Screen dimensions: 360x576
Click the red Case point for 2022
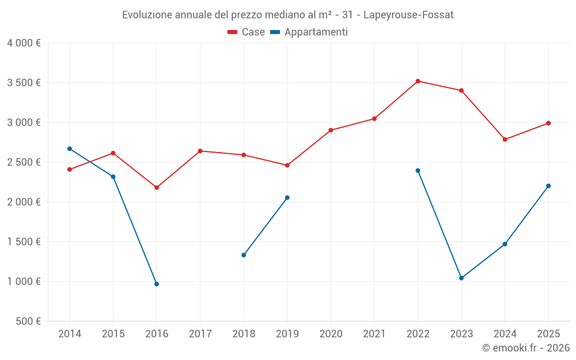[x=418, y=81]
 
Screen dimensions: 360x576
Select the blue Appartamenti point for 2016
[x=157, y=284]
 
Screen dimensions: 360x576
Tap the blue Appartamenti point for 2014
[x=70, y=149]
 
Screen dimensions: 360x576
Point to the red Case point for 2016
[x=157, y=187]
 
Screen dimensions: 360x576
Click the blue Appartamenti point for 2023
[x=461, y=278]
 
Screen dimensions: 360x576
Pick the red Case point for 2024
[x=505, y=139]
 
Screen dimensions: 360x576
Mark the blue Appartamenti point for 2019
[x=287, y=198]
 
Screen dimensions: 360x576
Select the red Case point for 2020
[x=331, y=130]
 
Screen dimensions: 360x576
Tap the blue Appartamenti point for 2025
[x=548, y=186]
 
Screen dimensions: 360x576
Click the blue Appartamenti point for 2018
[x=244, y=255]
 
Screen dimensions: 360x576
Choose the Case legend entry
[x=247, y=32]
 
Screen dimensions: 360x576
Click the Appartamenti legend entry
[x=309, y=32]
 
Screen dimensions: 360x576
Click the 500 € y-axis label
[x=29, y=321]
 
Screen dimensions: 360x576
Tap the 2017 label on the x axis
[x=200, y=334]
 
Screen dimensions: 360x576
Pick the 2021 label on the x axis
[x=374, y=334]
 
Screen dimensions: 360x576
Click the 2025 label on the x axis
[x=548, y=334]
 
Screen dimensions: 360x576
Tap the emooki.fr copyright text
[x=525, y=348]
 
